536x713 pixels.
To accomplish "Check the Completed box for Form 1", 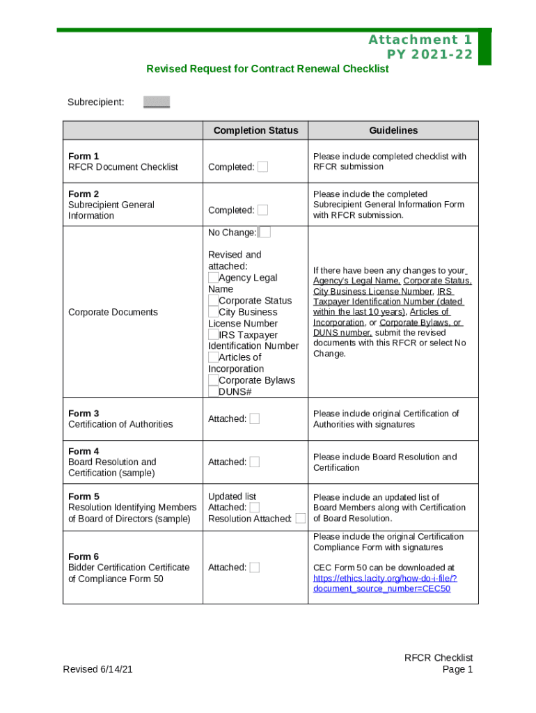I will click(262, 167).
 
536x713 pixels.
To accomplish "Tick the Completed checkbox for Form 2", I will click(262, 210).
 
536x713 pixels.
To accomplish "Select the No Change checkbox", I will click(265, 233).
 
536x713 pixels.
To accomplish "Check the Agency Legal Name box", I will click(213, 278).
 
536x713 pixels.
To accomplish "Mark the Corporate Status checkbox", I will click(213, 301).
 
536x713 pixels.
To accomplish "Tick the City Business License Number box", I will click(213, 312).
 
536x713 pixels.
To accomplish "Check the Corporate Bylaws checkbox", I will click(213, 380).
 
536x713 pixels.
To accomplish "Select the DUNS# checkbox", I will click(213, 391).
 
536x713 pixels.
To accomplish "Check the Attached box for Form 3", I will click(255, 419).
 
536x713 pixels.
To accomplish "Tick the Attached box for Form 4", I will click(255, 462).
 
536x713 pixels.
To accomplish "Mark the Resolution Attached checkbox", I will click(300, 519).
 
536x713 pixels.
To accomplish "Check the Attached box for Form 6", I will click(255, 567).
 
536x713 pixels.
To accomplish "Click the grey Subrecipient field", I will click(157, 102).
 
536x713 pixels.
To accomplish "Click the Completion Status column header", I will click(255, 130).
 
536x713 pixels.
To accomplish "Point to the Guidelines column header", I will click(393, 130).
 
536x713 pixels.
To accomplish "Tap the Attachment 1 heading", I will click(420, 40).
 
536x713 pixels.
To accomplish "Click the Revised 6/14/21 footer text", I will click(97, 669).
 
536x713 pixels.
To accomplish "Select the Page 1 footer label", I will click(457, 669).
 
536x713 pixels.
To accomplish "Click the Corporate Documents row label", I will click(113, 312).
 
